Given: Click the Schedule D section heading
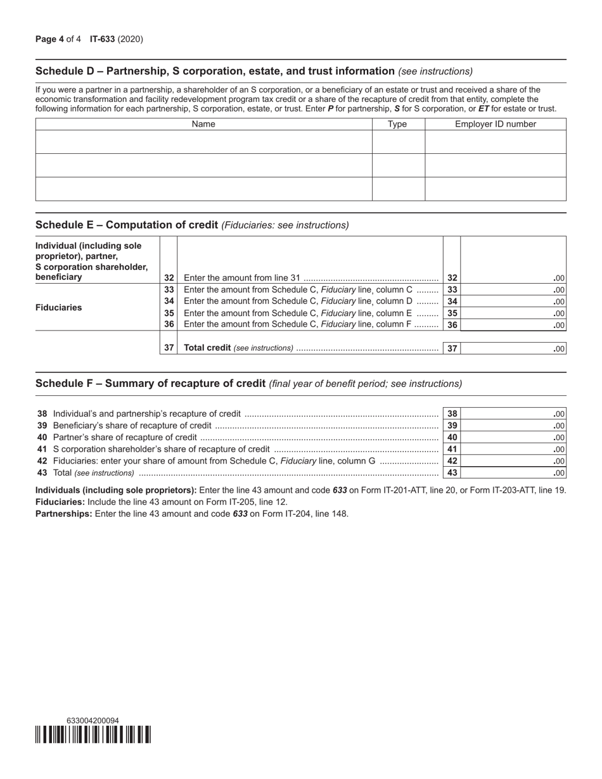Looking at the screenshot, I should [x=215, y=71].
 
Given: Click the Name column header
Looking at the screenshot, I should [x=203, y=124].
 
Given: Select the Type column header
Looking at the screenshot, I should [x=397, y=124].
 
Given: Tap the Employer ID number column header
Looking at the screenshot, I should [x=495, y=124].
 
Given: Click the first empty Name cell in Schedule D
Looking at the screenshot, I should [x=203, y=142].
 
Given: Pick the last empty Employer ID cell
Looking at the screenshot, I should [x=495, y=189].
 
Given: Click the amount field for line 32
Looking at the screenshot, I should [x=513, y=277].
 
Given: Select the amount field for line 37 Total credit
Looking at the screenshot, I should [x=513, y=348].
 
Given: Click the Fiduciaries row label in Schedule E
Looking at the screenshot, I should [x=59, y=307].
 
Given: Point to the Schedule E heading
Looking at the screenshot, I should [x=127, y=225].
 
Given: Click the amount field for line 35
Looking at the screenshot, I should [x=513, y=313].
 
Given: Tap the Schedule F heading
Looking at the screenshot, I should [x=150, y=383].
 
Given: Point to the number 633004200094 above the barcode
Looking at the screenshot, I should [x=93, y=721].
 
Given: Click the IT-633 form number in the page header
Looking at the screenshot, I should [x=102, y=39].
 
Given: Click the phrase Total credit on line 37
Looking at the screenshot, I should [x=207, y=348].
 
